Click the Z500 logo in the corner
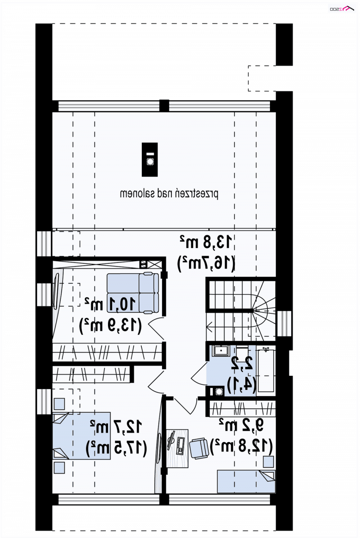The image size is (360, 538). pos(342,9)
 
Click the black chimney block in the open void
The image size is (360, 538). pos(150,159)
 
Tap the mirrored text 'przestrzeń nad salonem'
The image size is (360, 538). pos(169,194)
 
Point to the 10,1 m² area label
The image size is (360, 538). pos(110,304)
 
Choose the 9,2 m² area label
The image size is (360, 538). pos(242,425)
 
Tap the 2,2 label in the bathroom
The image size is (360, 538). pos(242,363)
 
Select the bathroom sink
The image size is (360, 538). pos(219,351)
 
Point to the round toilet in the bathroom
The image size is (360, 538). pos(218,392)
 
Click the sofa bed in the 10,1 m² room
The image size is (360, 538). pos(133,293)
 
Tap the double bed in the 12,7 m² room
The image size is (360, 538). pos(81,436)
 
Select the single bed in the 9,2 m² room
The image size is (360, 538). pos(246,481)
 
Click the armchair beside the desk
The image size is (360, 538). pos(199,448)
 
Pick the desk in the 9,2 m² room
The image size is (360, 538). pos(177,448)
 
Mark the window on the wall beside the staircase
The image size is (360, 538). pos(284,324)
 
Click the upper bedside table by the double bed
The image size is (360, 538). pos(59,404)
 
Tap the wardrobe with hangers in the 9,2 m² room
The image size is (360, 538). pos(243,409)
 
